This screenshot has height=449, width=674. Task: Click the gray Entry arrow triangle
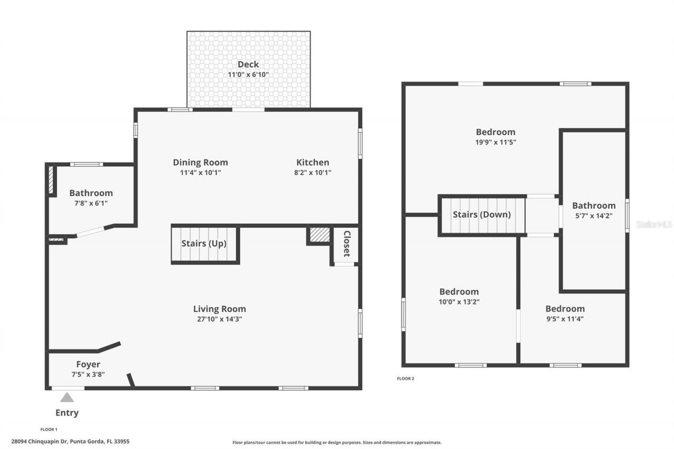point(67,397)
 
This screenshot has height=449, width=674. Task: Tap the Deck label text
point(248,65)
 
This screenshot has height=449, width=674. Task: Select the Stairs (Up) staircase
point(205,244)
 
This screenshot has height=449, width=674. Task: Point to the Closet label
point(346,244)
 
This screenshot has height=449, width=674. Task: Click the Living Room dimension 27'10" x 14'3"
point(219,319)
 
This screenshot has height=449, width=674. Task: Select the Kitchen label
point(312,163)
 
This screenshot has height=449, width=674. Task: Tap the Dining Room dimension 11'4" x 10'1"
point(200,173)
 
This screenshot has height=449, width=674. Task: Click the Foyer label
point(88,364)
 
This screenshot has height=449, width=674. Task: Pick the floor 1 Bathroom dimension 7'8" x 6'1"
point(91,203)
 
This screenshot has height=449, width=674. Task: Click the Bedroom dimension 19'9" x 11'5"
point(495,142)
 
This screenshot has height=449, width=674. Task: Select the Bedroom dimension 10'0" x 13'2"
point(459,302)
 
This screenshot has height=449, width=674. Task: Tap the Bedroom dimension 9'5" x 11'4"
point(564,318)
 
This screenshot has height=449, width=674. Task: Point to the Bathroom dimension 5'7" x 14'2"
point(593,215)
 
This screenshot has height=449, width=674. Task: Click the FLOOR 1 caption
point(49,430)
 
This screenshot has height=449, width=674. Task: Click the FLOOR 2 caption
point(405,378)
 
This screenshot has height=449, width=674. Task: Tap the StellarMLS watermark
point(654,224)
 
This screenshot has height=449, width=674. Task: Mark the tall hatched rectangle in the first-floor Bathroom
point(51,181)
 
